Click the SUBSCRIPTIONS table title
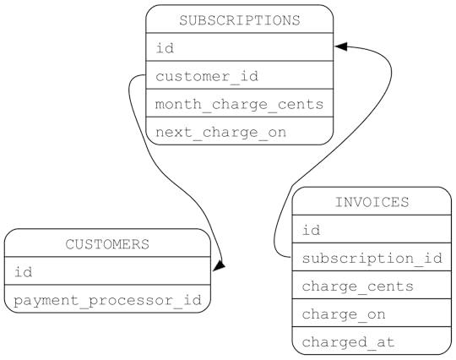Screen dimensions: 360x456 240,19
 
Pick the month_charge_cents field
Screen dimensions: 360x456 240,104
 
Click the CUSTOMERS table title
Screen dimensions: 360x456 107,244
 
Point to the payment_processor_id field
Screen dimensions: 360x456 107,299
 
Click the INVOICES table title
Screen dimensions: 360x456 372,202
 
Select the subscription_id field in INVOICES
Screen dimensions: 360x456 372,258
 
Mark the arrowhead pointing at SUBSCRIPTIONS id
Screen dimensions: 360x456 341,47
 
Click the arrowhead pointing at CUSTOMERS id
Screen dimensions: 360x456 219,266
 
